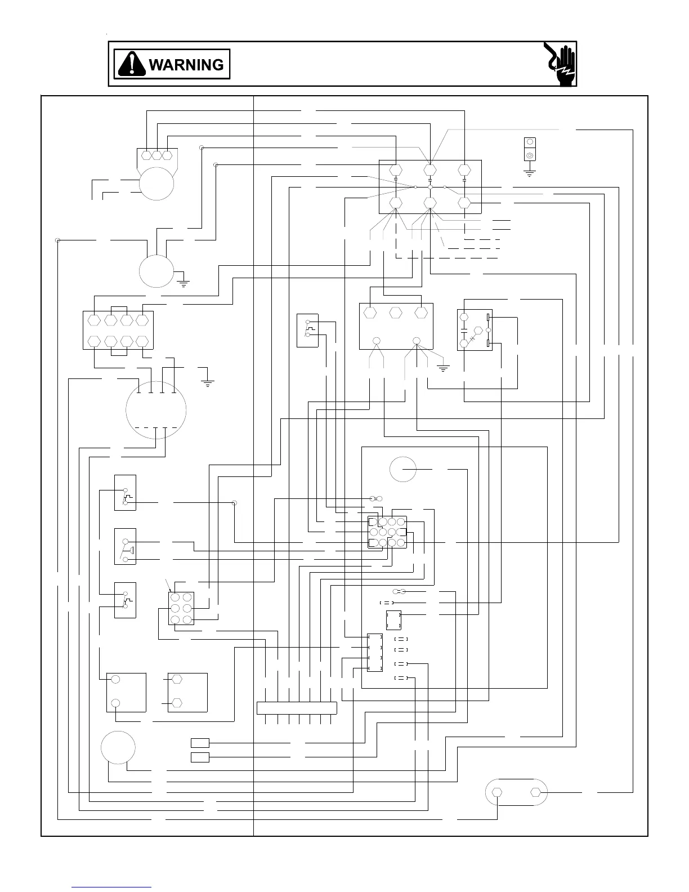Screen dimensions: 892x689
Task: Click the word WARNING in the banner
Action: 186,65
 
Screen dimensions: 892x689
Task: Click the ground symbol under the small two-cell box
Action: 529,172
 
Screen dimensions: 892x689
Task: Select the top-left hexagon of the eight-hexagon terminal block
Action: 94,319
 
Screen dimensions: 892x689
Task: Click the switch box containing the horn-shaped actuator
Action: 125,546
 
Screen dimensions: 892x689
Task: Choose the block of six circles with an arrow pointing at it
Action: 181,608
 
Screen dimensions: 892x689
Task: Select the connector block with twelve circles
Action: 387,532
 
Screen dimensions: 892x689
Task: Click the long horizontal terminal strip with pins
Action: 297,708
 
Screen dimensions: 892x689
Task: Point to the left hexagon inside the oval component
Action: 497,792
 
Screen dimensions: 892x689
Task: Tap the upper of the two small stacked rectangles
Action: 200,743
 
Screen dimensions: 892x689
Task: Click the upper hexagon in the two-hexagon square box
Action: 177,679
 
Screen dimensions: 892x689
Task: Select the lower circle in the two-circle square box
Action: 115,703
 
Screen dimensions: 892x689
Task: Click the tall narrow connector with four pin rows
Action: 374,653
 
